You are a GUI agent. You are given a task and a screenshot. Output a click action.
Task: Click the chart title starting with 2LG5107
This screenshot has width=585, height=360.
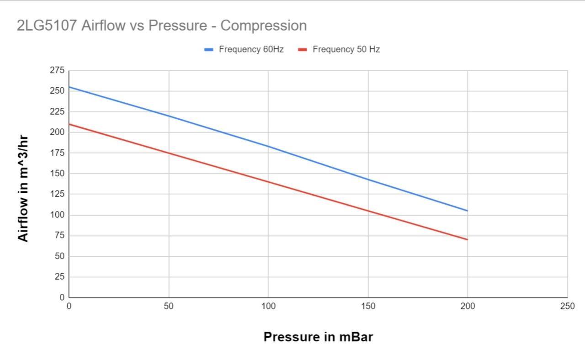click(x=161, y=26)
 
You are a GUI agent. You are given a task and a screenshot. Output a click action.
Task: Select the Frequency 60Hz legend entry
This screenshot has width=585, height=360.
click(x=251, y=49)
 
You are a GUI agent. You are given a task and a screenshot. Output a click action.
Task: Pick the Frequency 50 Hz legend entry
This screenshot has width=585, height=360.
click(x=346, y=49)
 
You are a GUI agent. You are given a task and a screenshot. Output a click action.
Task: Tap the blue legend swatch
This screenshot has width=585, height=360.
click(x=209, y=49)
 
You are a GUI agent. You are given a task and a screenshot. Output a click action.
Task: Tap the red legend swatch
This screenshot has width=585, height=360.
click(x=303, y=49)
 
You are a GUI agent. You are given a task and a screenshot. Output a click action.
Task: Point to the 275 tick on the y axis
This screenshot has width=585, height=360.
click(x=57, y=70)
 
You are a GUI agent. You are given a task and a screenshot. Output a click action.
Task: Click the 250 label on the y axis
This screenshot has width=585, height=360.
click(x=57, y=91)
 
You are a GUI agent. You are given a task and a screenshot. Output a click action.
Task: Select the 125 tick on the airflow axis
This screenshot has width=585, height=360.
click(x=57, y=194)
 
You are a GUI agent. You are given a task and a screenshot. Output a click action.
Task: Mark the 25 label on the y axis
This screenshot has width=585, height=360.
click(x=59, y=277)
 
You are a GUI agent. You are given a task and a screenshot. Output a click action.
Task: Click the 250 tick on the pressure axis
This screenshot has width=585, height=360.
click(x=567, y=307)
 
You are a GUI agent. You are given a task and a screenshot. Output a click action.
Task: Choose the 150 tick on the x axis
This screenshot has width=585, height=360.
click(x=368, y=307)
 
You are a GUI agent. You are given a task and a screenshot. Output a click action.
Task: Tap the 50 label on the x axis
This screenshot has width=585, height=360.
click(x=169, y=307)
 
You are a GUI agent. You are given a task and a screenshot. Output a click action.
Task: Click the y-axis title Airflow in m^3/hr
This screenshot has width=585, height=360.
click(x=23, y=188)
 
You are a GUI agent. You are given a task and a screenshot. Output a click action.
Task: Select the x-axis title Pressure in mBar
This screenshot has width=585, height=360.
click(x=318, y=337)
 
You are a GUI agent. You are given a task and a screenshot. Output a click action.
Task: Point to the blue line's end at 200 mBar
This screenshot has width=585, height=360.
click(x=467, y=211)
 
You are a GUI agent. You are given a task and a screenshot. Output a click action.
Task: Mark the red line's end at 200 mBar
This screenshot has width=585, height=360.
click(x=467, y=239)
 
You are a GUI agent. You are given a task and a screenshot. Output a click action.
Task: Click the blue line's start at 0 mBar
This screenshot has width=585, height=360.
click(x=69, y=87)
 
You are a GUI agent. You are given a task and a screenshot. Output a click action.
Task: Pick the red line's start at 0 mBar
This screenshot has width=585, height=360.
click(x=69, y=124)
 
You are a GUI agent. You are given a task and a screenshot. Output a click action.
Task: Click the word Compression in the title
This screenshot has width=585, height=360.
click(x=263, y=26)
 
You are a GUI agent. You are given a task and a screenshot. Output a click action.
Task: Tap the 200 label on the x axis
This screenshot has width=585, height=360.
click(x=468, y=307)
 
